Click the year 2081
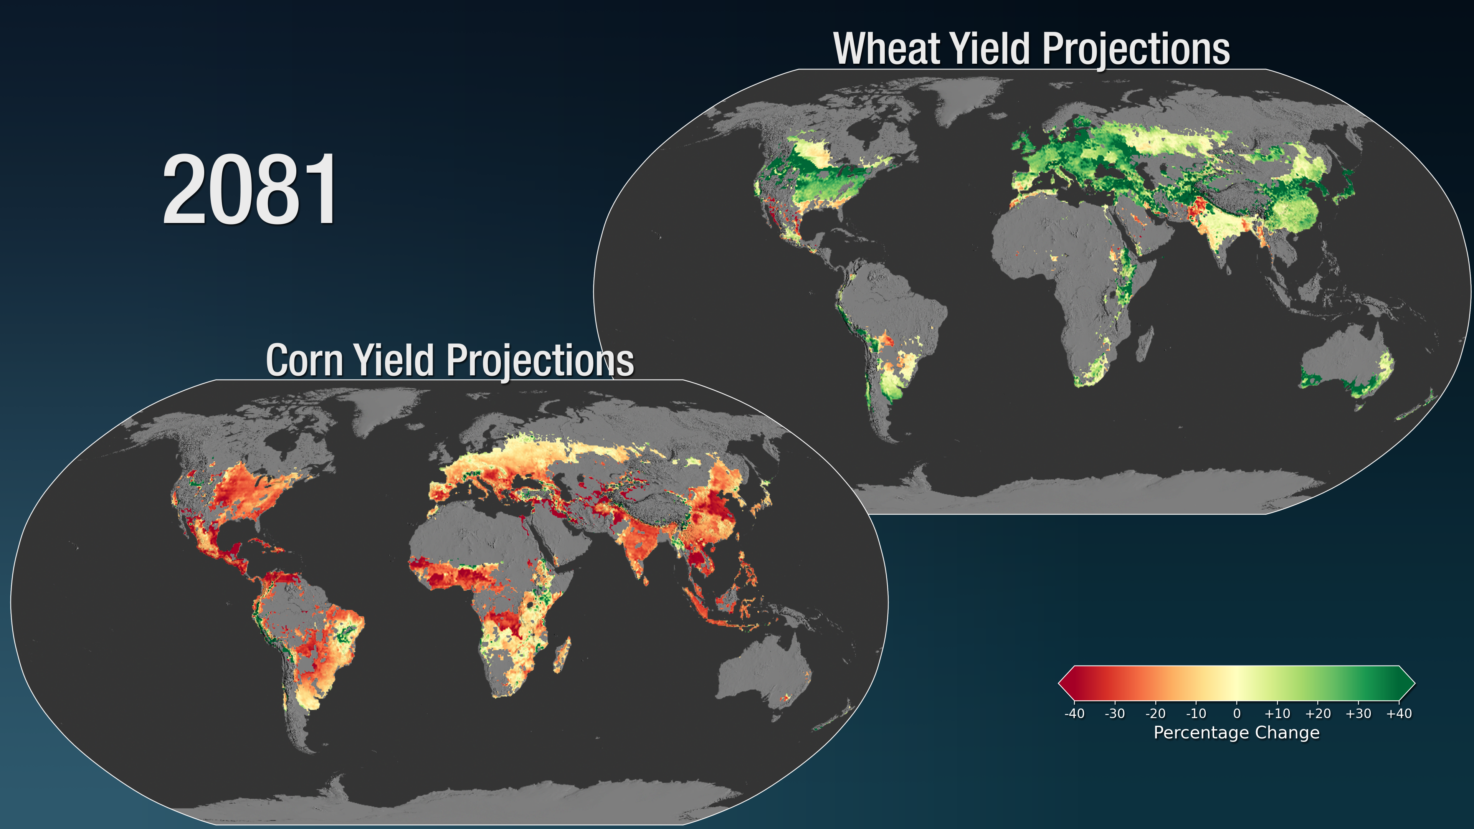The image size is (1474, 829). click(250, 190)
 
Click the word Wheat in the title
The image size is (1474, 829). click(886, 49)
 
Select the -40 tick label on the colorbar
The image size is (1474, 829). click(1074, 713)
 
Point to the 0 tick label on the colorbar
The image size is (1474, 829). click(1236, 713)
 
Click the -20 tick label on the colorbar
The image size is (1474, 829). click(1155, 713)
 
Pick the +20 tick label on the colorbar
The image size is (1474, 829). click(1318, 713)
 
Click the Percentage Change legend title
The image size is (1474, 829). click(1236, 733)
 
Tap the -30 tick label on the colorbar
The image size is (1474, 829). click(1115, 713)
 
